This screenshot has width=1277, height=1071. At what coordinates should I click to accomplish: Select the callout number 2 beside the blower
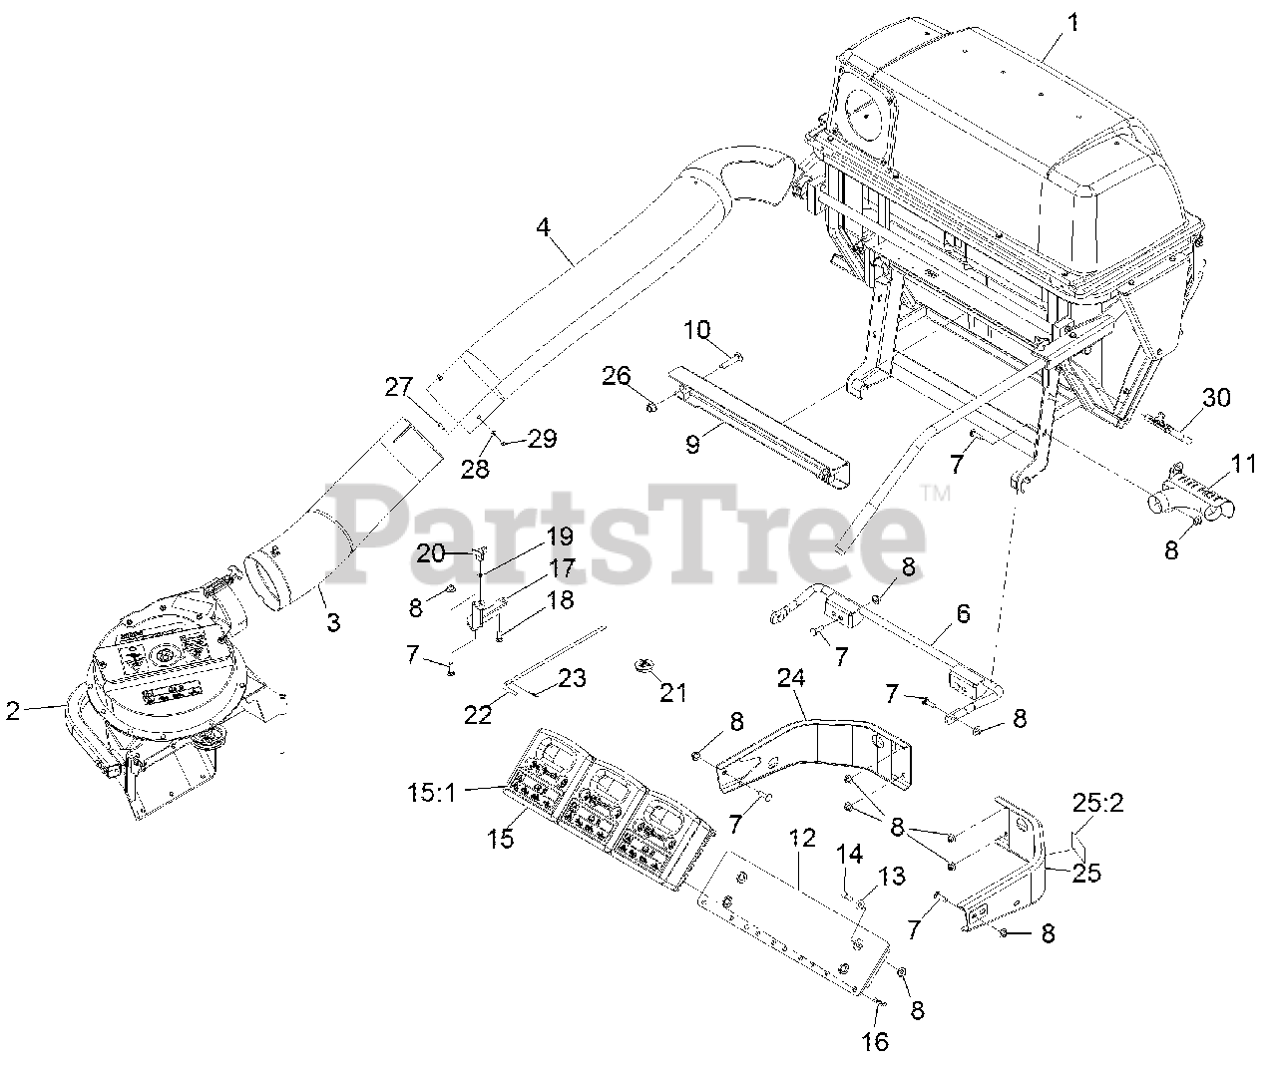pos(12,710)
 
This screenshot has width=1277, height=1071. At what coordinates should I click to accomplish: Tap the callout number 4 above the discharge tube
pos(543,227)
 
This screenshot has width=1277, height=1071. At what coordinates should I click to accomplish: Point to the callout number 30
pos(1216,398)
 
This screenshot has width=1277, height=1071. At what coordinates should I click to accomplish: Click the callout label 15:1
pos(435,794)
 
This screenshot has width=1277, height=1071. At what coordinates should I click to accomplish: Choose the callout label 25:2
pos(1098,803)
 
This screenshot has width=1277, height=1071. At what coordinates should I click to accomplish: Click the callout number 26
pos(616,376)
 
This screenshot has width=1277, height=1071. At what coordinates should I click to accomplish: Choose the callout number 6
pos(963,613)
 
